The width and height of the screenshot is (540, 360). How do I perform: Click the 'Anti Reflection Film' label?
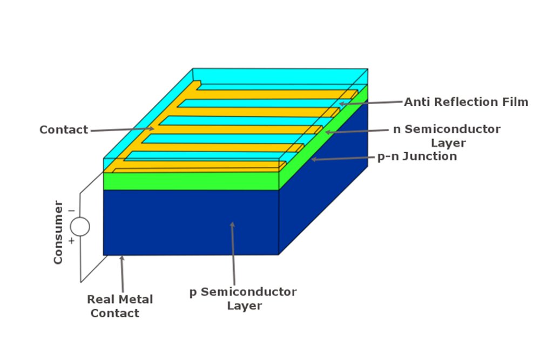pyautogui.click(x=465, y=101)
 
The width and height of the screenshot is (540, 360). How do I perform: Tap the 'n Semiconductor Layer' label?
pyautogui.click(x=447, y=136)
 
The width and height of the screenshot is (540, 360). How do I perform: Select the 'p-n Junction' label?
pyautogui.click(x=416, y=157)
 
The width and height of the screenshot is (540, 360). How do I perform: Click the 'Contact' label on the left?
pyautogui.click(x=64, y=130)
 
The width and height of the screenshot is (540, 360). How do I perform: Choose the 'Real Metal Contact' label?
pyautogui.click(x=120, y=306)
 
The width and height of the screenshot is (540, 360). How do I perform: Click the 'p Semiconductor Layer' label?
pyautogui.click(x=243, y=298)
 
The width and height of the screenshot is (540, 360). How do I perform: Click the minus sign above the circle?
pyautogui.click(x=71, y=210)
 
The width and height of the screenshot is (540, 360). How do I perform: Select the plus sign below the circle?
pyautogui.click(x=71, y=241)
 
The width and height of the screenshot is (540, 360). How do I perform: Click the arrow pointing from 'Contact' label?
pyautogui.click(x=122, y=129)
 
